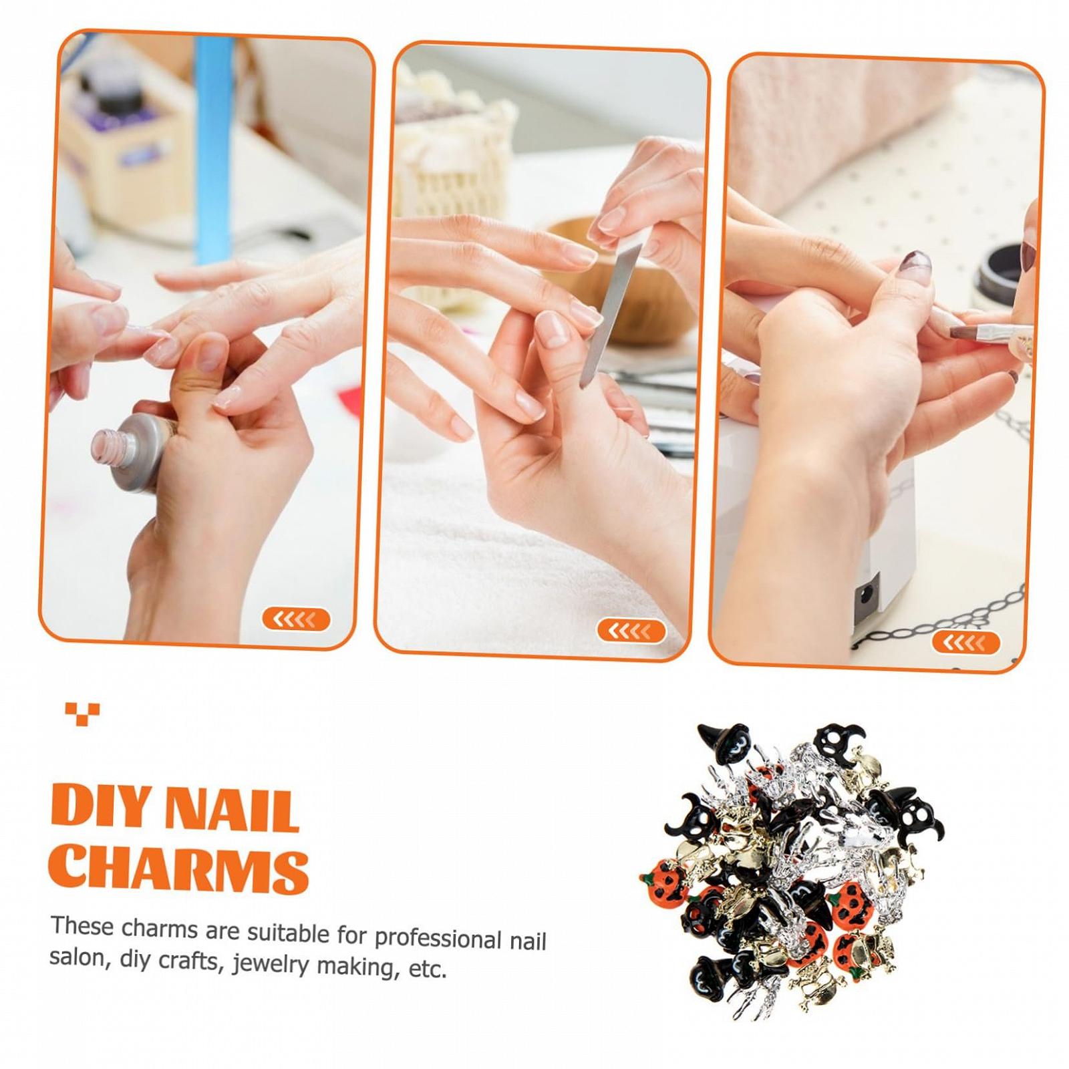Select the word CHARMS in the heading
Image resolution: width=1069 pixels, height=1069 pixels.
coord(179,870)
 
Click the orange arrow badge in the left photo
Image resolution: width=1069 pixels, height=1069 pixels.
coord(296,619)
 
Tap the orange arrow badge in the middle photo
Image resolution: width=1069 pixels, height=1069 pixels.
coord(631,630)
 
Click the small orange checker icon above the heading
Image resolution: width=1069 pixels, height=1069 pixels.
coord(82,712)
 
